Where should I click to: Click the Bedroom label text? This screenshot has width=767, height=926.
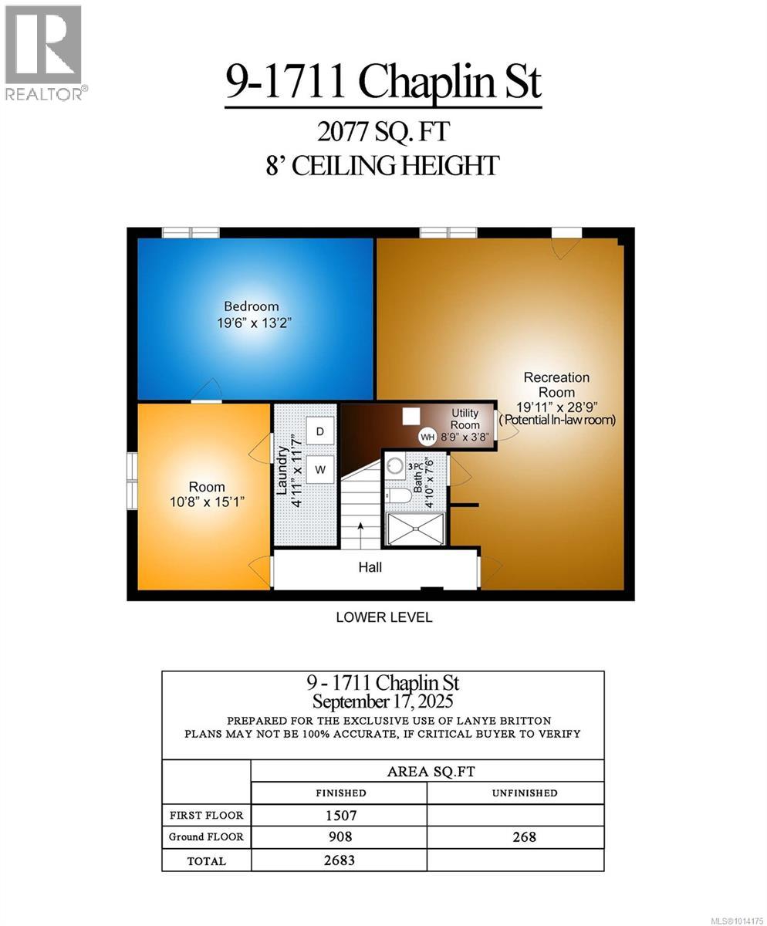pos(252,306)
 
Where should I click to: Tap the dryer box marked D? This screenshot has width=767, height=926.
pos(319,431)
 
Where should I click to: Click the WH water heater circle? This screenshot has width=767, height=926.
pos(427,438)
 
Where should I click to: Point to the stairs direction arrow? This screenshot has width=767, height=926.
pos(360,531)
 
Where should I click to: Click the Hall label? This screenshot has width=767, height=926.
pos(370,567)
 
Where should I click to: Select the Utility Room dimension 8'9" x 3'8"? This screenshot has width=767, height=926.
pos(465,438)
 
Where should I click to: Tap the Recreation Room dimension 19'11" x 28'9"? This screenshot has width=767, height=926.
pos(556,406)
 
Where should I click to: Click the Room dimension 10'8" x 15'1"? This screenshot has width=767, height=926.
pos(208,502)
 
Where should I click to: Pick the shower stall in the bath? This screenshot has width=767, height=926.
pos(415,528)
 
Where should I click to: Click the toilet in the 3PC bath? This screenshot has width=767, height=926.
pos(399,495)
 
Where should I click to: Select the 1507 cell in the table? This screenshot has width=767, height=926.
pos(340,815)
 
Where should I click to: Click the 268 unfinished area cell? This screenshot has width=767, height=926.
pos(524,837)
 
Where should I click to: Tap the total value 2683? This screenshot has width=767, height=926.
pos(340,860)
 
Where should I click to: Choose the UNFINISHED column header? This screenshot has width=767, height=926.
pos(524,793)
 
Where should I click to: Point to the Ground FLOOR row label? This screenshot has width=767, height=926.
pos(206,837)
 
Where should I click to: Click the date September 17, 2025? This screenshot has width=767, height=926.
pos(383,701)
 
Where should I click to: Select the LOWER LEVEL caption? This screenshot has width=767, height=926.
pos(383,617)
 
